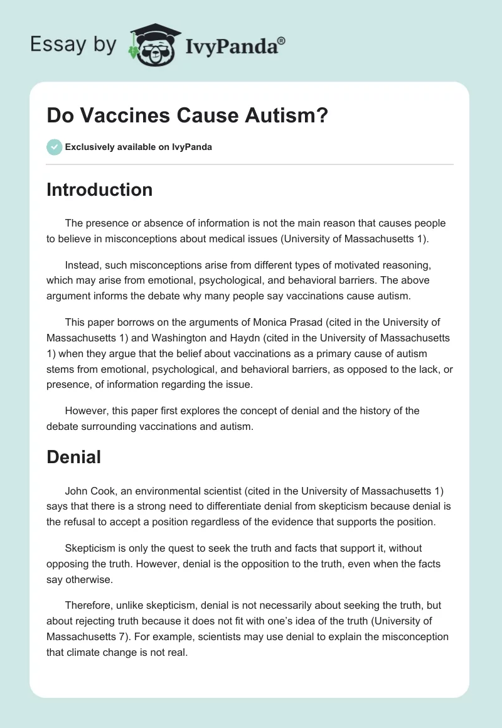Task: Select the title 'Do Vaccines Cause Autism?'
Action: (187, 116)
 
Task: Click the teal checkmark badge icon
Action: (54, 147)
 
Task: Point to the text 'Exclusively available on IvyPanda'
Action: (139, 147)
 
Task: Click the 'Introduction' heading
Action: (99, 190)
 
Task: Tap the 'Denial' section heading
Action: (73, 457)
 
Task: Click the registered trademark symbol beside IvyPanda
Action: (281, 40)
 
